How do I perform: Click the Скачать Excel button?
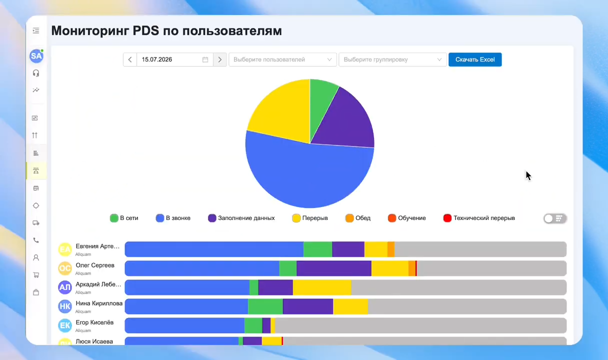click(475, 59)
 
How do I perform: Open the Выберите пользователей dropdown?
click(282, 59)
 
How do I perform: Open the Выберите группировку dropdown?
click(392, 59)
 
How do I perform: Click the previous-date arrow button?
click(130, 59)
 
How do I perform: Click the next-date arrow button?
click(220, 59)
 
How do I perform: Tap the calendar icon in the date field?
click(205, 59)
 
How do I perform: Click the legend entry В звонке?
click(173, 218)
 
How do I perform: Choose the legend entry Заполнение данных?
click(241, 218)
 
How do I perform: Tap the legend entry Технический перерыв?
click(479, 218)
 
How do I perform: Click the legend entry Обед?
click(358, 218)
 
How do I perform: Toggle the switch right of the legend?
click(555, 218)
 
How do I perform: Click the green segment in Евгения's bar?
click(318, 249)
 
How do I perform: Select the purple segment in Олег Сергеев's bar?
click(334, 268)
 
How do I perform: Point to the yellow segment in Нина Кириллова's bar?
click(350, 306)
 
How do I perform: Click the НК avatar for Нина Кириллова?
click(65, 306)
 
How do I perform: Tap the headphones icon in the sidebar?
click(36, 73)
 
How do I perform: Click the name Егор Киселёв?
click(94, 322)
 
